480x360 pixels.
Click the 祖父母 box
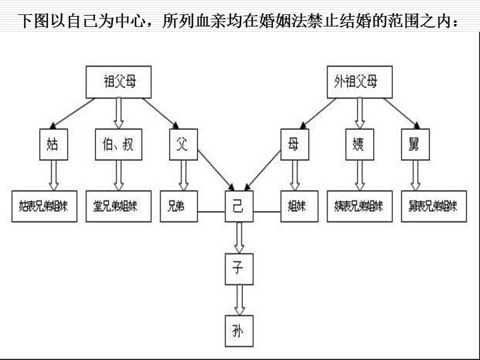(119, 82)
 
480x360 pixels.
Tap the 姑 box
(52, 144)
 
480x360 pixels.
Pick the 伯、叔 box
(118, 144)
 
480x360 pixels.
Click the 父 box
(183, 144)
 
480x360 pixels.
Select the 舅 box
(415, 144)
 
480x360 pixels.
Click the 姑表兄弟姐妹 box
(44, 206)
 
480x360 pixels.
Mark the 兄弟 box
(178, 206)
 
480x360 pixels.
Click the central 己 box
(239, 206)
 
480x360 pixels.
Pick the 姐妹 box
(296, 206)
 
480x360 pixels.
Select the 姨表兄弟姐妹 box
(359, 206)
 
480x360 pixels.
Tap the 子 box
(239, 268)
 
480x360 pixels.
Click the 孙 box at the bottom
(239, 331)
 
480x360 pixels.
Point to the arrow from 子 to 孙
(239, 299)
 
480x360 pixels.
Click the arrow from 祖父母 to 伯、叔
(119, 112)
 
